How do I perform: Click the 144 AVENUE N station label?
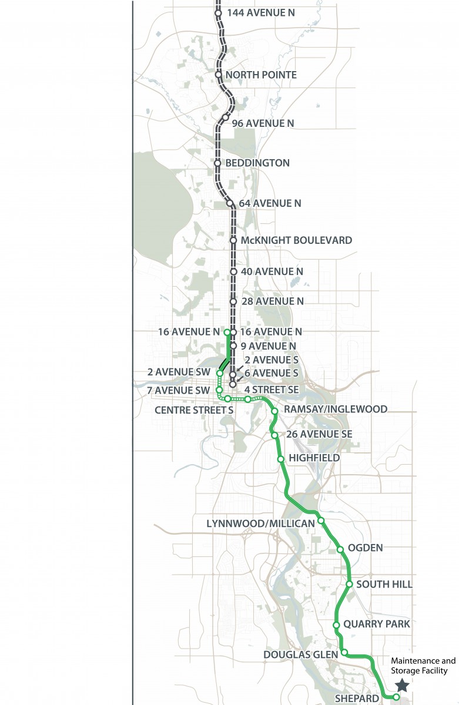click(257, 12)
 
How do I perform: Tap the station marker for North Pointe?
click(218, 75)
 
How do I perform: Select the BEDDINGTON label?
click(257, 163)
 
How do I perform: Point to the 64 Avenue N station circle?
click(230, 203)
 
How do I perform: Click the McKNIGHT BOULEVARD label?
click(296, 240)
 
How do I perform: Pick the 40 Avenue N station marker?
click(233, 272)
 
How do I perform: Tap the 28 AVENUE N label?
click(272, 301)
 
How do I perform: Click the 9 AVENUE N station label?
click(268, 346)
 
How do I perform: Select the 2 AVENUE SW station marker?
click(219, 373)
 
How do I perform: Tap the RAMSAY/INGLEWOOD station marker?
click(274, 411)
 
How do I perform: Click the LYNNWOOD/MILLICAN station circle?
click(321, 520)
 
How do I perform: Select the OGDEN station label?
click(365, 548)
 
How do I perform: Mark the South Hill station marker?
click(349, 585)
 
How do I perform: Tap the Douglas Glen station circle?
click(344, 652)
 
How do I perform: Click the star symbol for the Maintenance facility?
click(402, 685)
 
